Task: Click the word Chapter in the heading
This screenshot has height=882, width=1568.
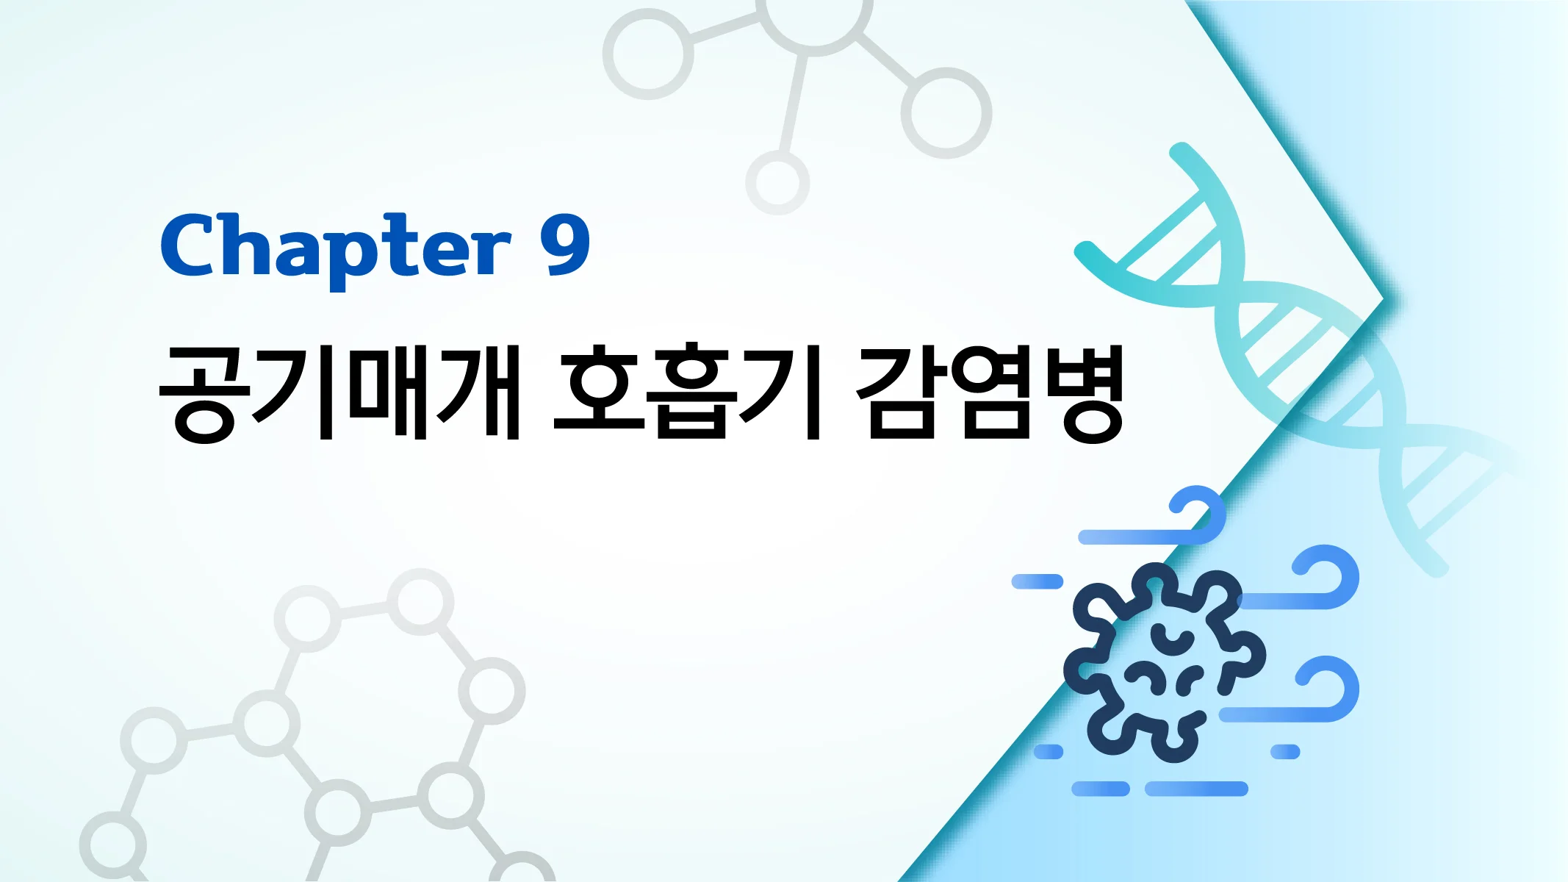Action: tap(335, 246)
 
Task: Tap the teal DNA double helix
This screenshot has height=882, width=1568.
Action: tap(1293, 353)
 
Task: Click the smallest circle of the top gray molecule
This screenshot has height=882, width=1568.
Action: tap(777, 182)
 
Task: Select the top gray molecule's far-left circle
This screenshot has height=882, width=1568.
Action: tap(648, 54)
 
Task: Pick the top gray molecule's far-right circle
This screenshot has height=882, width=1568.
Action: tap(946, 112)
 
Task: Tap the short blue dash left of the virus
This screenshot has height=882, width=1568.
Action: tap(1037, 582)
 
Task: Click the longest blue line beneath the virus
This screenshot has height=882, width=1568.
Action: tap(1196, 789)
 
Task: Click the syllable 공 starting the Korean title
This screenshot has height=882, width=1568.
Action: tap(205, 393)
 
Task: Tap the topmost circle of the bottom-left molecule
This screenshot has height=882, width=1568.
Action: tap(420, 602)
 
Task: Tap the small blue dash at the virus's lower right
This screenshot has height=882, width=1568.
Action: tap(1285, 751)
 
